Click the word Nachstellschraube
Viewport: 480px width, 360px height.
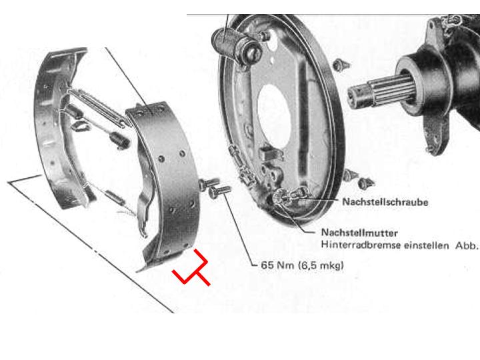point(385,202)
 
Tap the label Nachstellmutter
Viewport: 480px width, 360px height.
point(359,233)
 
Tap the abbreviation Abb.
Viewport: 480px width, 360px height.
point(467,245)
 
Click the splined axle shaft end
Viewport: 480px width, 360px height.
point(379,92)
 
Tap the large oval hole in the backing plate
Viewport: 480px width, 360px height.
point(274,115)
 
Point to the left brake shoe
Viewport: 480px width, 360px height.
point(58,129)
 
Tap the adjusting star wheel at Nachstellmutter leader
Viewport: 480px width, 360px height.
point(280,196)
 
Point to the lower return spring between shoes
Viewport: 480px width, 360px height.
point(115,197)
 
